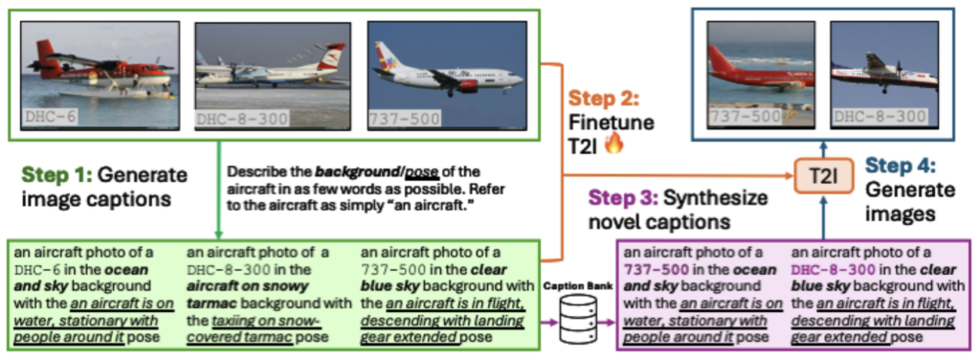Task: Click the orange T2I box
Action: pos(823,175)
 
